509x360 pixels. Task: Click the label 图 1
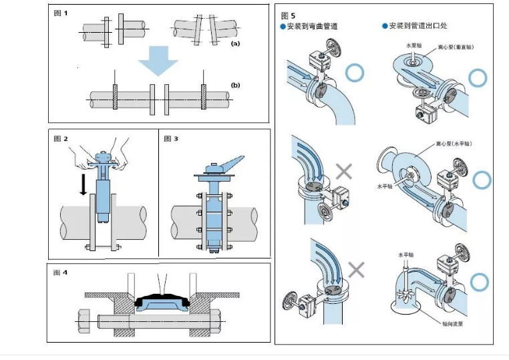coord(61,13)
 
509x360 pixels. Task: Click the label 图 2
coord(61,139)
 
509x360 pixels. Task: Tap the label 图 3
coord(171,139)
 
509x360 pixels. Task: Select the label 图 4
coord(61,273)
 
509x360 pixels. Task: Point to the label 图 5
coord(288,14)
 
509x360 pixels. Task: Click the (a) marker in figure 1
coord(234,43)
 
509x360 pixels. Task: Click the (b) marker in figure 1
coord(234,85)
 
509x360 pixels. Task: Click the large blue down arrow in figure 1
coord(158,64)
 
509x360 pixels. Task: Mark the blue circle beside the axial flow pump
coord(478,282)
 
